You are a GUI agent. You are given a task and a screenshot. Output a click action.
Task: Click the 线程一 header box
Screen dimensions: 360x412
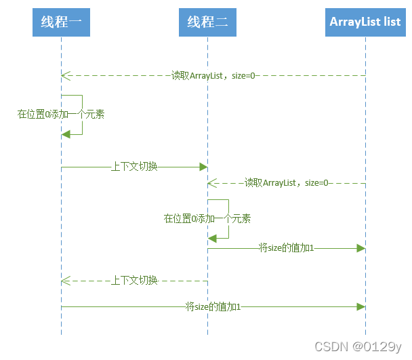(61, 22)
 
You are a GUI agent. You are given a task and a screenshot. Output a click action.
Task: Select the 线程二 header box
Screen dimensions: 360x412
(207, 22)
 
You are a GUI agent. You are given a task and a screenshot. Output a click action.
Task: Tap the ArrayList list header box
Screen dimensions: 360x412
(365, 22)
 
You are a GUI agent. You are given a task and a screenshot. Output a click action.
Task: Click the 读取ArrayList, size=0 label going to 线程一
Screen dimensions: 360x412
(213, 75)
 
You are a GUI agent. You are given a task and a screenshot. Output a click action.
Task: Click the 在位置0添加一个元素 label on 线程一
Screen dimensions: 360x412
(61, 115)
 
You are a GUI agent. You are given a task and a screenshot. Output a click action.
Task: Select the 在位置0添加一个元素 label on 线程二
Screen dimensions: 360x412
(207, 218)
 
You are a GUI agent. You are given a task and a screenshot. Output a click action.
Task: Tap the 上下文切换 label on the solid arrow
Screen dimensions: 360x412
(134, 166)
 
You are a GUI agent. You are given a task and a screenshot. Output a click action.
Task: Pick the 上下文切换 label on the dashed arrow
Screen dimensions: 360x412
(134, 280)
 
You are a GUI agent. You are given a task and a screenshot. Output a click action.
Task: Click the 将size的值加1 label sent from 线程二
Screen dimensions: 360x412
(286, 248)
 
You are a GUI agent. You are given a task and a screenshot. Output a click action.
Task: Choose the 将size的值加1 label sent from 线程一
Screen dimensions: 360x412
(213, 307)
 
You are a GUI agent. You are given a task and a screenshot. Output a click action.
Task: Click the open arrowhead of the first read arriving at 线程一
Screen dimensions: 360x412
(64, 75)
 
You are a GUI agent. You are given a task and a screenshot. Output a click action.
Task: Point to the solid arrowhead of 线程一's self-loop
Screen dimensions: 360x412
(65, 134)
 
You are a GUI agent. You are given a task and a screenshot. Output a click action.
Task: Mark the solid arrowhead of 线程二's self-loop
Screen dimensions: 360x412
(212, 237)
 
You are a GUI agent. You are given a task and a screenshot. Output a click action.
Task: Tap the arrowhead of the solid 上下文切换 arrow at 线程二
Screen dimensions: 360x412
(203, 166)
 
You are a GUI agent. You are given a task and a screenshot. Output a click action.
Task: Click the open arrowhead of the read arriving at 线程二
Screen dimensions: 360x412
(211, 182)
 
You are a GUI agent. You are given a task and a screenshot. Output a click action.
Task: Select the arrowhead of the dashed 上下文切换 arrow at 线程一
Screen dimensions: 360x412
(64, 280)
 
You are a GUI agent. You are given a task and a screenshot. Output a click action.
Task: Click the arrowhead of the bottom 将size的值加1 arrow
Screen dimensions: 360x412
(361, 307)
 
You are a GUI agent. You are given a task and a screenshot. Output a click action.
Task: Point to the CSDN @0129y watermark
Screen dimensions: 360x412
(358, 346)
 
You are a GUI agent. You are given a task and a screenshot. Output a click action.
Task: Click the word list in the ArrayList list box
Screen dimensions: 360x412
(392, 22)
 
